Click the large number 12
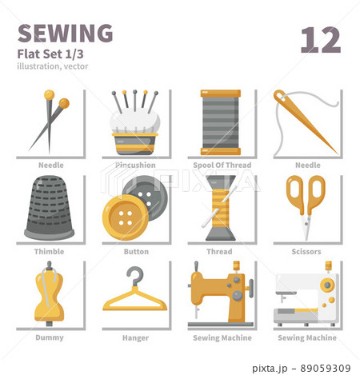coord(321,39)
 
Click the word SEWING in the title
coord(65,33)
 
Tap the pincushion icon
coord(134,127)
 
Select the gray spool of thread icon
coord(221,122)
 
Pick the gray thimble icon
coord(49,209)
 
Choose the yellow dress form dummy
coord(49,295)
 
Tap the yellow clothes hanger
coord(135,292)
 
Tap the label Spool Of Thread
coord(221,166)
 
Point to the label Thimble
coord(50,252)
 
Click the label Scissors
coord(306,252)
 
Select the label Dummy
coord(50,338)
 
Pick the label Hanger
coord(135,338)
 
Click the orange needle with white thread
coord(306,122)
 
